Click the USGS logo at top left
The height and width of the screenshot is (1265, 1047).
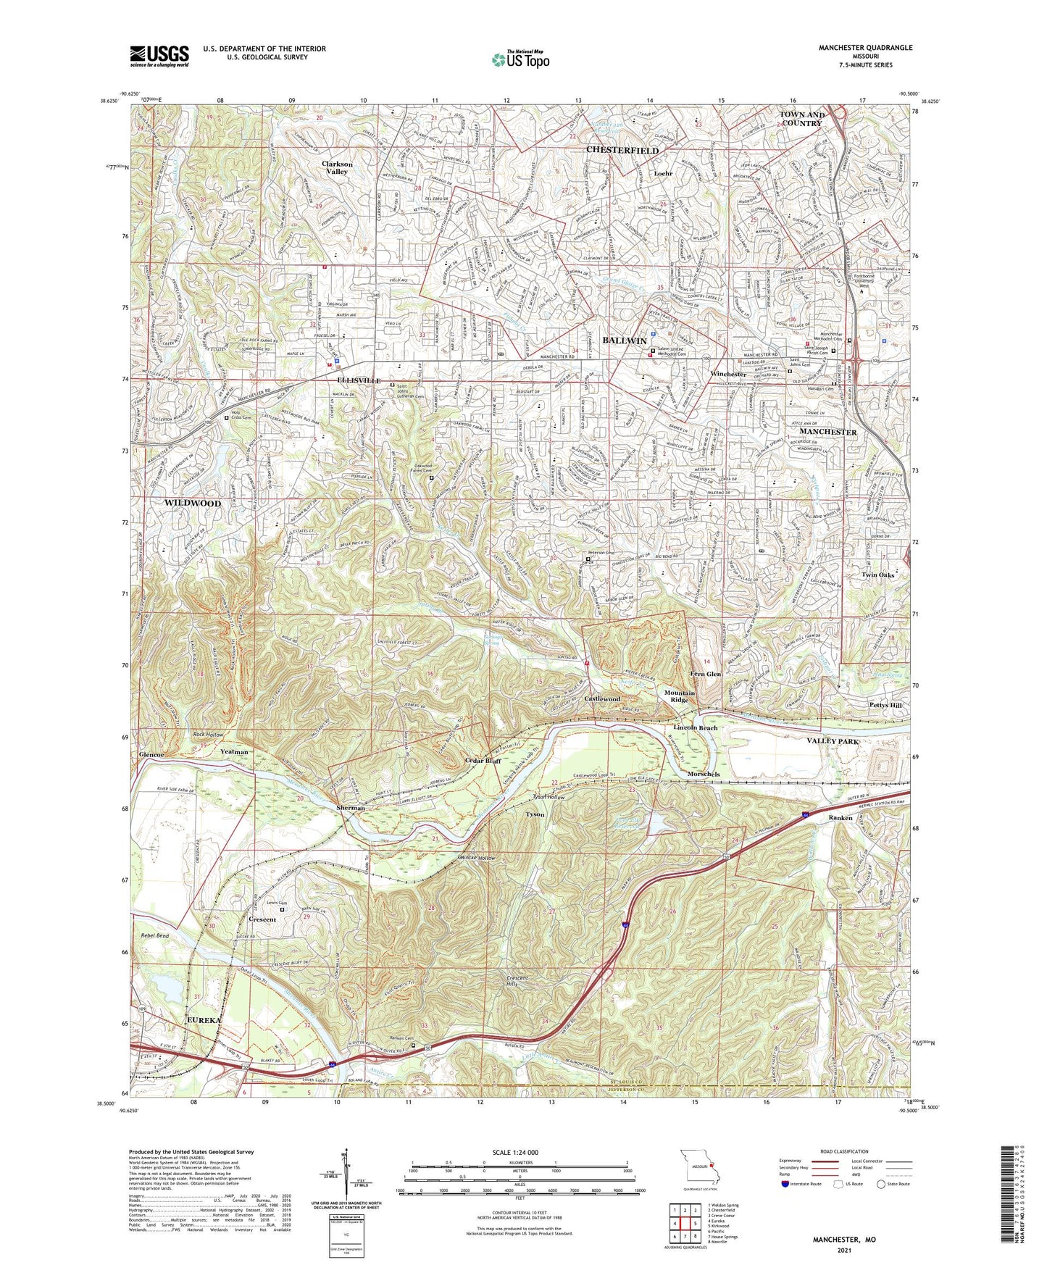point(159,56)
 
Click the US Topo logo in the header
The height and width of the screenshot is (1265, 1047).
point(520,60)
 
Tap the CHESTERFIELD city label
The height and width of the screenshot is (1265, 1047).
point(622,150)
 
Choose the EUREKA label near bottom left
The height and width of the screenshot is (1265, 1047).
point(203,1020)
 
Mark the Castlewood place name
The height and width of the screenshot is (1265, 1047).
point(602,698)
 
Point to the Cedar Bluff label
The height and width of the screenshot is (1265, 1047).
point(483,761)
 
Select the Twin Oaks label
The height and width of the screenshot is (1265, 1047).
point(877,575)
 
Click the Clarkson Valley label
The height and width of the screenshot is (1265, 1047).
point(337,168)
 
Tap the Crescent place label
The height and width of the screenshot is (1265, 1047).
point(262,919)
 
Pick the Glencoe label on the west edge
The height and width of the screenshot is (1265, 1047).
point(151,754)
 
